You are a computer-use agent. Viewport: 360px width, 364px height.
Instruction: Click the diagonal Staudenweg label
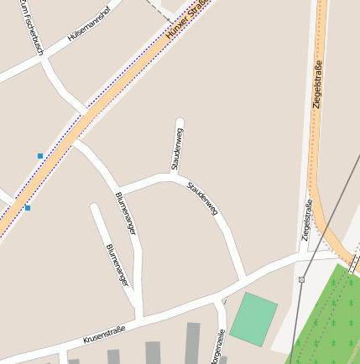pyautogui.click(x=203, y=197)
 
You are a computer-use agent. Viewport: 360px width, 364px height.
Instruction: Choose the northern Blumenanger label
pyautogui.click(x=125, y=213)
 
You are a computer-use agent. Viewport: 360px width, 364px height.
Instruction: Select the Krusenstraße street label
pyautogui.click(x=104, y=335)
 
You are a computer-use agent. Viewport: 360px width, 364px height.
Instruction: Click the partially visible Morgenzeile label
pyautogui.click(x=220, y=349)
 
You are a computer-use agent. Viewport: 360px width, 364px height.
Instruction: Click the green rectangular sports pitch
pyautogui.click(x=253, y=318)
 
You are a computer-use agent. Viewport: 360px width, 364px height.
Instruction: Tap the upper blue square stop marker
pyautogui.click(x=39, y=155)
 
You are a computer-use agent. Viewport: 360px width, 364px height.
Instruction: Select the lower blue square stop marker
pyautogui.click(x=28, y=207)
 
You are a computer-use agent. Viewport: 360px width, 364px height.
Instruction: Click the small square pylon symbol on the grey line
pyautogui.click(x=301, y=278)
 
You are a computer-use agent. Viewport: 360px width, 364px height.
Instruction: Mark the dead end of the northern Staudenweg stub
pyautogui.click(x=179, y=120)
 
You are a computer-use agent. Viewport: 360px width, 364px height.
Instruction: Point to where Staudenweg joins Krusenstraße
pyautogui.click(x=244, y=278)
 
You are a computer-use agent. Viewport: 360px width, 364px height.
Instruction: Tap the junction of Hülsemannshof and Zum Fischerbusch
pyautogui.click(x=42, y=59)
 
